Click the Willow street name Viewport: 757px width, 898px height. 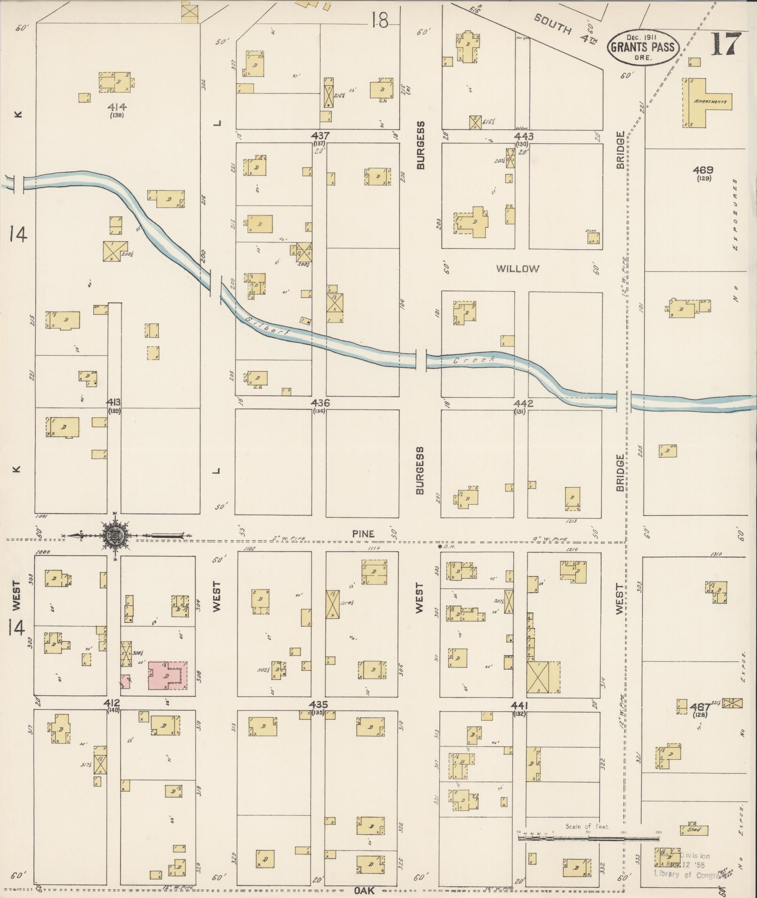(x=518, y=269)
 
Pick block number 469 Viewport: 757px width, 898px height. (x=703, y=170)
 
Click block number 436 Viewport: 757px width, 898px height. (x=320, y=403)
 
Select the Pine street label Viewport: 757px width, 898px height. (x=364, y=534)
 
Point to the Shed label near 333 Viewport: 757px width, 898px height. (x=694, y=829)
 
